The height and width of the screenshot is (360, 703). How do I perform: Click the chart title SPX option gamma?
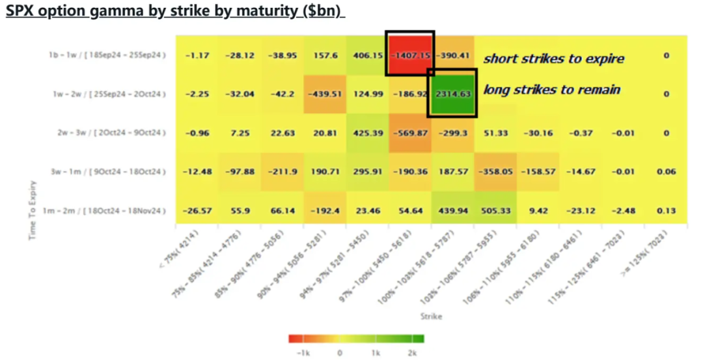coord(174,12)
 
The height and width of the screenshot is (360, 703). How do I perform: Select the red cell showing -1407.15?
coord(411,55)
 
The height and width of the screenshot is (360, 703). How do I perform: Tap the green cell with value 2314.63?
coord(452,94)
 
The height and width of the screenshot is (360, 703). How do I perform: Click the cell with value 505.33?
coord(495,211)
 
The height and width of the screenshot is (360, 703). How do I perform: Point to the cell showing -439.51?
coord(325,94)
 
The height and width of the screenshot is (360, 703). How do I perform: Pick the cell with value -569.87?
coord(410,133)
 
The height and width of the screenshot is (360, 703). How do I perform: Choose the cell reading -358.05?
coord(495,172)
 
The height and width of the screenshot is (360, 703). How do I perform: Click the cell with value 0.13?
coord(666,211)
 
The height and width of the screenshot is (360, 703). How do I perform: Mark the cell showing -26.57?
coord(197,211)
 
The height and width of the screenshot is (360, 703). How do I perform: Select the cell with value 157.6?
coord(325,55)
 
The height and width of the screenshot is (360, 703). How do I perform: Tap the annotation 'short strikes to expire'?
coord(553,59)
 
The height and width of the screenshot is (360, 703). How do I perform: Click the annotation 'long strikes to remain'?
coord(551,90)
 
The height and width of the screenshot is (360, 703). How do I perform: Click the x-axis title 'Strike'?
coord(431,316)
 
